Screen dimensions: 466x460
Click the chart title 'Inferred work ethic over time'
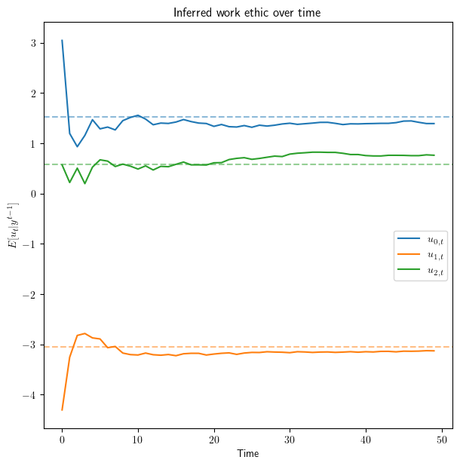click(248, 12)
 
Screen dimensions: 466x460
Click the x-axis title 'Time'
click(248, 453)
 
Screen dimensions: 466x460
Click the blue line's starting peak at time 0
click(62, 41)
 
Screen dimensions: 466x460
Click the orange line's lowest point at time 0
click(62, 409)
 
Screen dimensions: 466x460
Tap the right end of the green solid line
click(434, 155)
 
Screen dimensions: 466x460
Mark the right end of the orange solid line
click(434, 351)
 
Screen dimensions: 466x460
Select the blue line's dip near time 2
click(77, 146)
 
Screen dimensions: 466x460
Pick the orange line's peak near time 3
click(84, 333)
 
